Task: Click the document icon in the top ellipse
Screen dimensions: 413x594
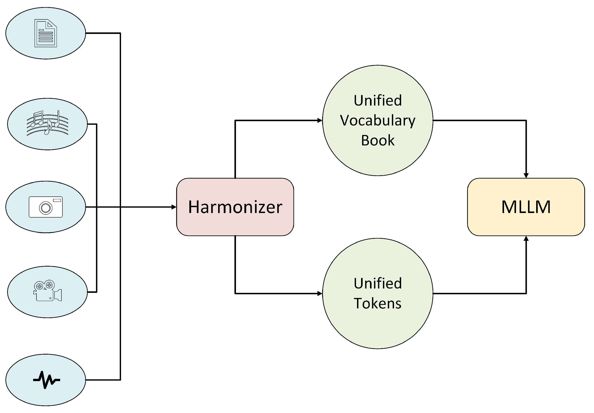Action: (x=46, y=33)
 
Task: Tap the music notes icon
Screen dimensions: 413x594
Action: (x=47, y=123)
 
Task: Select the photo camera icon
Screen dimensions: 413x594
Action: (x=46, y=207)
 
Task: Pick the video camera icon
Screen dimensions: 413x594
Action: (x=47, y=291)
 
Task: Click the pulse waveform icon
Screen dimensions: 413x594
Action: (x=46, y=380)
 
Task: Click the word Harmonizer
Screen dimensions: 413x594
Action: (x=235, y=207)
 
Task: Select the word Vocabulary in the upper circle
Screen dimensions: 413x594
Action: (x=377, y=121)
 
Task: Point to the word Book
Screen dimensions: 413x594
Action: (x=377, y=141)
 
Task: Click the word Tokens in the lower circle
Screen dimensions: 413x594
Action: (x=377, y=303)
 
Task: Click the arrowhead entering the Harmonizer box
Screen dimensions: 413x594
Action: (x=174, y=207)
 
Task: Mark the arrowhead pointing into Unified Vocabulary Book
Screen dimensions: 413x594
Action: (x=320, y=120)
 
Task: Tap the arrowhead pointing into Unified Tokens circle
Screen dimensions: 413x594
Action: (x=320, y=293)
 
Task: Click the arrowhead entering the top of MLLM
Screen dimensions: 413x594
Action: (x=526, y=176)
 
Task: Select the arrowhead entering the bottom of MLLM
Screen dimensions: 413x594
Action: (x=526, y=239)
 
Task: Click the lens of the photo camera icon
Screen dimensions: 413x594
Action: (x=46, y=208)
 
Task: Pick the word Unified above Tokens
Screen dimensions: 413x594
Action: (x=377, y=283)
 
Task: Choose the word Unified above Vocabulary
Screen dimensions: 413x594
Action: (x=377, y=101)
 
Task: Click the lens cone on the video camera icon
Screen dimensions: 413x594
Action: (x=58, y=295)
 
